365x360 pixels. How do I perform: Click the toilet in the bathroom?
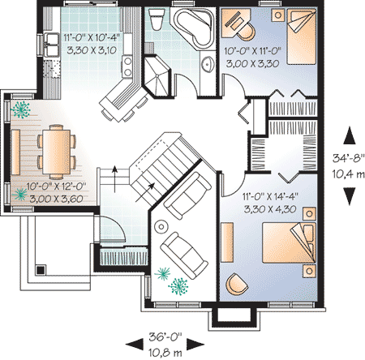click(157, 19)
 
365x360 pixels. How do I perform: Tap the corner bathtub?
click(194, 28)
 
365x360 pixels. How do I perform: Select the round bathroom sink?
click(208, 64)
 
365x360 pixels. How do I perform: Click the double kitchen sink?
click(51, 45)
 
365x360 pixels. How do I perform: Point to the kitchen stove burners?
click(127, 66)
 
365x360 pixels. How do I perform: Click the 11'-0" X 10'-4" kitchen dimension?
click(92, 37)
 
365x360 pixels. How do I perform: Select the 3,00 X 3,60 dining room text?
click(56, 199)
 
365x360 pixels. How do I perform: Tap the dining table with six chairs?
click(57, 152)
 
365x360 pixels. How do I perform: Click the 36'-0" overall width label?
click(165, 337)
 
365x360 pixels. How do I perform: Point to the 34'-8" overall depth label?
click(349, 158)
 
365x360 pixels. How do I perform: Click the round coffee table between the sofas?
click(161, 227)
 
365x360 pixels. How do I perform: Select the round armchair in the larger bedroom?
click(237, 284)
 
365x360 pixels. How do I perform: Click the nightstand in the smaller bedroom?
click(278, 15)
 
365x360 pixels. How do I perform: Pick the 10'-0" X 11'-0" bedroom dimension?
click(253, 51)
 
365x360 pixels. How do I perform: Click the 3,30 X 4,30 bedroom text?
click(270, 209)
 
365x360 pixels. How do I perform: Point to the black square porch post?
click(41, 270)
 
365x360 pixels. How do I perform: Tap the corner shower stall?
click(157, 76)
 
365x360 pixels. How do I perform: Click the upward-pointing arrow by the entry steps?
click(115, 179)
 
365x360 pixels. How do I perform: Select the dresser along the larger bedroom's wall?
click(227, 242)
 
